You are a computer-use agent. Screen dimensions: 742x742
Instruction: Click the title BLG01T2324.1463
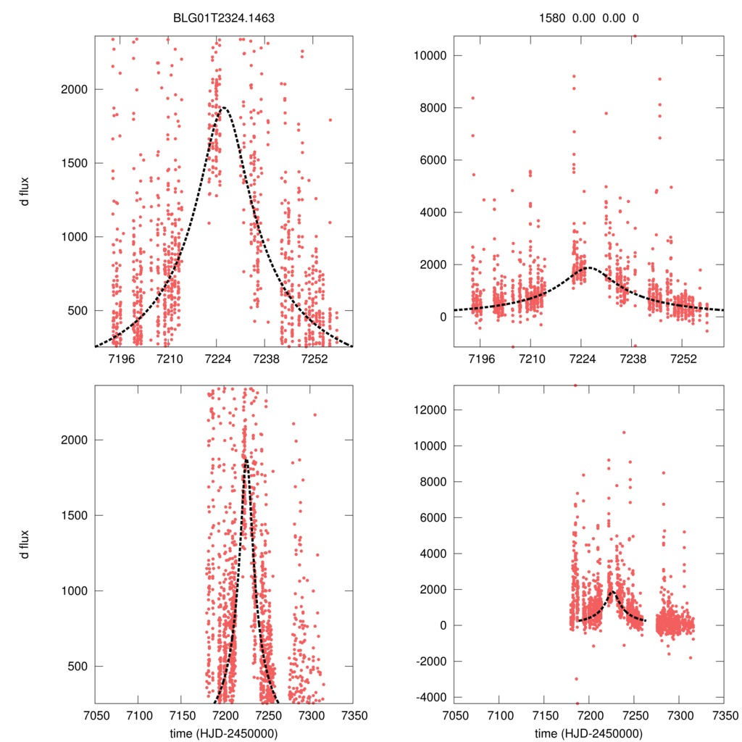223,20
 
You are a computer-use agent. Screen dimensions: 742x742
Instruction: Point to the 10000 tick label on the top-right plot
428,56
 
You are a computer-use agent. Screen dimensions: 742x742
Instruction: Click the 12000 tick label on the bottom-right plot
428,410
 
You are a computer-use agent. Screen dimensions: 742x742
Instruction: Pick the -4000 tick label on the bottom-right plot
428,697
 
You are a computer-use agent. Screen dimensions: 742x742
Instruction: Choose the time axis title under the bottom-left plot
223,732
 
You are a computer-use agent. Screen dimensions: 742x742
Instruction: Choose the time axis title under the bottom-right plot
588,732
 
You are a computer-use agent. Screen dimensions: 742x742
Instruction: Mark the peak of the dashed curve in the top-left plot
224,108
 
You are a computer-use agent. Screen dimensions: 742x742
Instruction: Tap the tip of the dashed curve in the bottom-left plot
246,459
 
